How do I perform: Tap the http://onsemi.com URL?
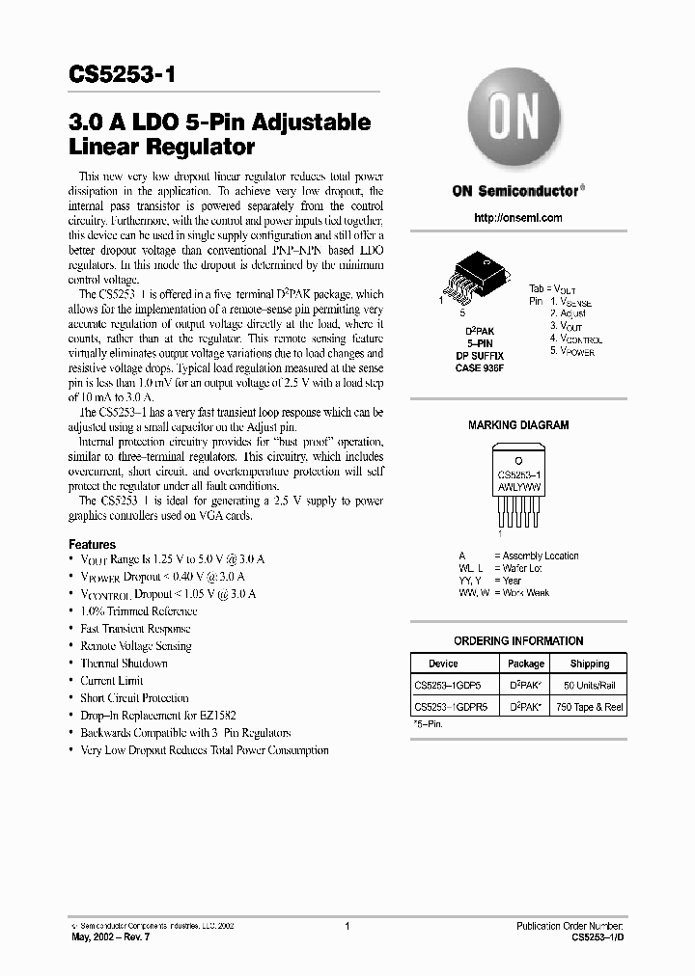[518, 218]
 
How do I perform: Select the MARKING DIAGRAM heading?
[518, 424]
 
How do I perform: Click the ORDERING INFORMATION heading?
[518, 640]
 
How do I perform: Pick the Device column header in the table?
[444, 664]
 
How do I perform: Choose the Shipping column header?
[589, 664]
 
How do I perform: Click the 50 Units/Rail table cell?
[589, 685]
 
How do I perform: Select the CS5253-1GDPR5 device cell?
[451, 706]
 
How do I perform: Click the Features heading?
[92, 544]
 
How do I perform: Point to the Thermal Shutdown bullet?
[124, 664]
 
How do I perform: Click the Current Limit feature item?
[112, 681]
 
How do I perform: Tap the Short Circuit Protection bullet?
[134, 698]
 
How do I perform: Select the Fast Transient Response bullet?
[135, 629]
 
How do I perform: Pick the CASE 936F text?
[480, 367]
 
